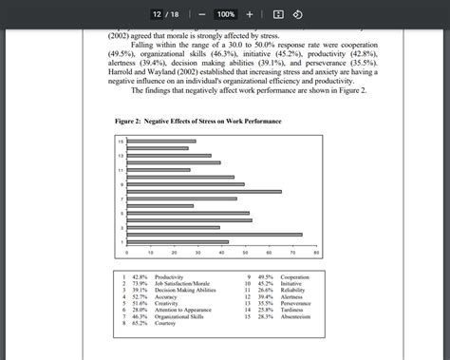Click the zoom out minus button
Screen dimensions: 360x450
coord(202,14)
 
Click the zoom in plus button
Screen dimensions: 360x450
coord(250,14)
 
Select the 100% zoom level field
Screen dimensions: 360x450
coord(225,14)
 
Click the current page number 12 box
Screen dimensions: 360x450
coord(158,14)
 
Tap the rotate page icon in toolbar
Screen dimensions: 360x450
coord(297,14)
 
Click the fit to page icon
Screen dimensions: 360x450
coord(278,14)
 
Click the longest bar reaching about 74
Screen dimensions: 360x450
coord(214,234)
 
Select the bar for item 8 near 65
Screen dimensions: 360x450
coord(203,191)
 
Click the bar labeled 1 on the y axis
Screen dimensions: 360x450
coord(177,242)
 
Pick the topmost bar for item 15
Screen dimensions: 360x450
coord(160,141)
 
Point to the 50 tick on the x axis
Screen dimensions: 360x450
coord(245,254)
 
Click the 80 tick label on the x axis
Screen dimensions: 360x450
coord(316,254)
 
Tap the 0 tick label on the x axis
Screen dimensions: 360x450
coord(126,254)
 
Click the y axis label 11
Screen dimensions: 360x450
coord(121,170)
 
